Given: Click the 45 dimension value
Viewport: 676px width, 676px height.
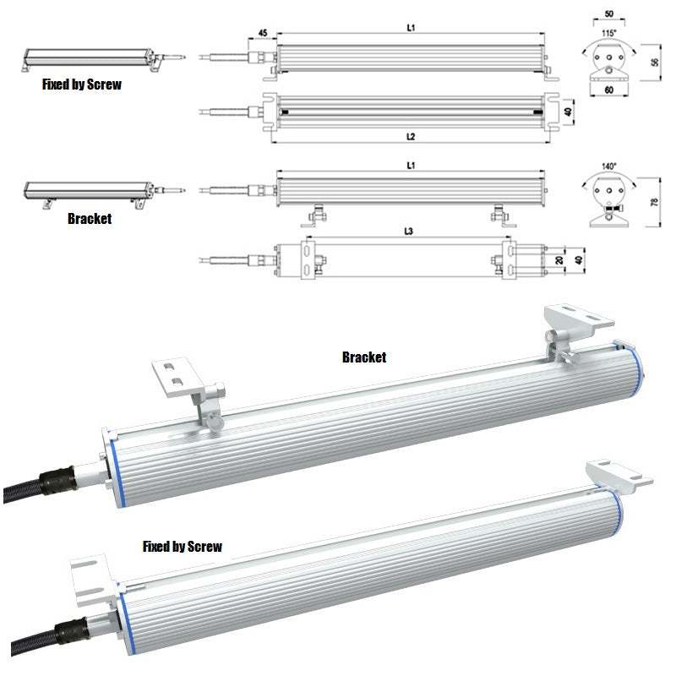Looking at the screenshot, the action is pyautogui.click(x=263, y=33).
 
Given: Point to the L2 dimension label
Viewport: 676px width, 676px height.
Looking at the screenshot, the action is pyautogui.click(x=411, y=137).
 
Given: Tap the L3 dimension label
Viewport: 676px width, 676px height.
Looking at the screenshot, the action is pyautogui.click(x=408, y=232).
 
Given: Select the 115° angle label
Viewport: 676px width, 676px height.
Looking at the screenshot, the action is pyautogui.click(x=608, y=33).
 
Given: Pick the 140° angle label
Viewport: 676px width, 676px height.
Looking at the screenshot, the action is pyautogui.click(x=608, y=166).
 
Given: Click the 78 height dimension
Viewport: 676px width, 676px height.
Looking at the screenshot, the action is pyautogui.click(x=654, y=202).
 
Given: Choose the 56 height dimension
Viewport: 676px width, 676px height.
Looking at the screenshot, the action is pyautogui.click(x=654, y=62).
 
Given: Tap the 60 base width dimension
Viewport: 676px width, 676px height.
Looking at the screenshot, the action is pyautogui.click(x=608, y=90).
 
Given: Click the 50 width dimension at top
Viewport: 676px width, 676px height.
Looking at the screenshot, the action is pyautogui.click(x=608, y=14).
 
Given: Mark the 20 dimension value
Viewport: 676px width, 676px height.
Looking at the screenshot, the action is pyautogui.click(x=559, y=260).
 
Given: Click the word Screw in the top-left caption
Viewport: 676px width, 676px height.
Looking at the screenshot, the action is pyautogui.click(x=104, y=84).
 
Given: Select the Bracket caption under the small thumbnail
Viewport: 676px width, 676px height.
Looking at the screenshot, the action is pyautogui.click(x=90, y=219).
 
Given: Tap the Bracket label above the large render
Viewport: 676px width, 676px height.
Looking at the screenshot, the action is pyautogui.click(x=364, y=357).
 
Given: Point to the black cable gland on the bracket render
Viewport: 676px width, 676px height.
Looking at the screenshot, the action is pyautogui.click(x=58, y=479).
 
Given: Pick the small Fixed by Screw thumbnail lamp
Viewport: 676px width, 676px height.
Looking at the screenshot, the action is pyautogui.click(x=103, y=59).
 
